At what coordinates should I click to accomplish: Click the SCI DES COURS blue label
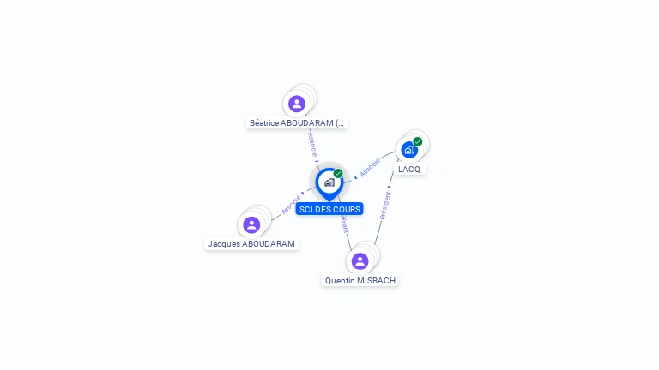coord(329,209)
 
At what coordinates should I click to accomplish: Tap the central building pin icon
coord(329,182)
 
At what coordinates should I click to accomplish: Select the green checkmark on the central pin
coord(338,174)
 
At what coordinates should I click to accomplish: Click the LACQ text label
coord(409,169)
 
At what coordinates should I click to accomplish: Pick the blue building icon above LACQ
coord(409,150)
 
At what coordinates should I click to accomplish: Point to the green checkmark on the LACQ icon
coord(418,141)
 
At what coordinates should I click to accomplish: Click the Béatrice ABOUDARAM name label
coord(297,122)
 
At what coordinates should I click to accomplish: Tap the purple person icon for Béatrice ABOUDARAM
coord(297,104)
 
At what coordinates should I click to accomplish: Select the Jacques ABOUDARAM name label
coord(251,244)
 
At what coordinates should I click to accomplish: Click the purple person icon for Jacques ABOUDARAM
coord(251,224)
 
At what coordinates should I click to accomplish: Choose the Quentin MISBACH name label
coord(360,280)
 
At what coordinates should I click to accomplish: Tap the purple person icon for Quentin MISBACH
coord(360,260)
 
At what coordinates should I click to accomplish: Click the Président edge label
coord(385,206)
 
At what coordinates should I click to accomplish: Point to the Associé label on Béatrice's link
coord(312,144)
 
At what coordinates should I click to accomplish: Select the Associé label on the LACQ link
coord(370,167)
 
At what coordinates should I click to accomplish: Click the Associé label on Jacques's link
coord(291,206)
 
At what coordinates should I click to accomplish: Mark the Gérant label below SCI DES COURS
coord(344,224)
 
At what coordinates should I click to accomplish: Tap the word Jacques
coord(224,244)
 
